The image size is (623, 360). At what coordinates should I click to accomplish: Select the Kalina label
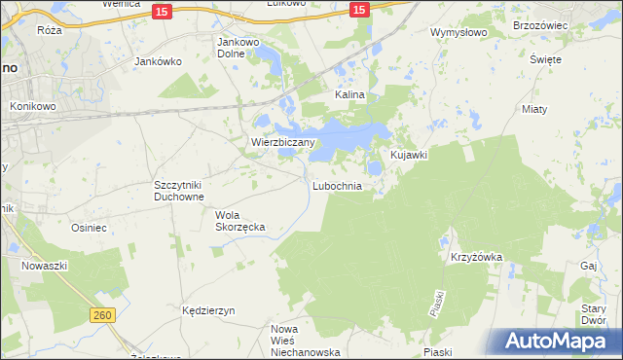click(349, 95)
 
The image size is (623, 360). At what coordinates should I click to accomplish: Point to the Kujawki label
click(410, 155)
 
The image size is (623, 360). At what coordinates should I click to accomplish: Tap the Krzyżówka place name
click(476, 257)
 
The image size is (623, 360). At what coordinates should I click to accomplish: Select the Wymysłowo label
click(458, 32)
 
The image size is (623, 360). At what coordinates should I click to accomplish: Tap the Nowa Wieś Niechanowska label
click(303, 341)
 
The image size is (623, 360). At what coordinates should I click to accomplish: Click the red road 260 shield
click(104, 315)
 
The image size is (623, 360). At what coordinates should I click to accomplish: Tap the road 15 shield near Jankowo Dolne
click(163, 10)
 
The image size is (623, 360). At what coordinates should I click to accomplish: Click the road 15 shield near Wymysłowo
click(358, 10)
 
